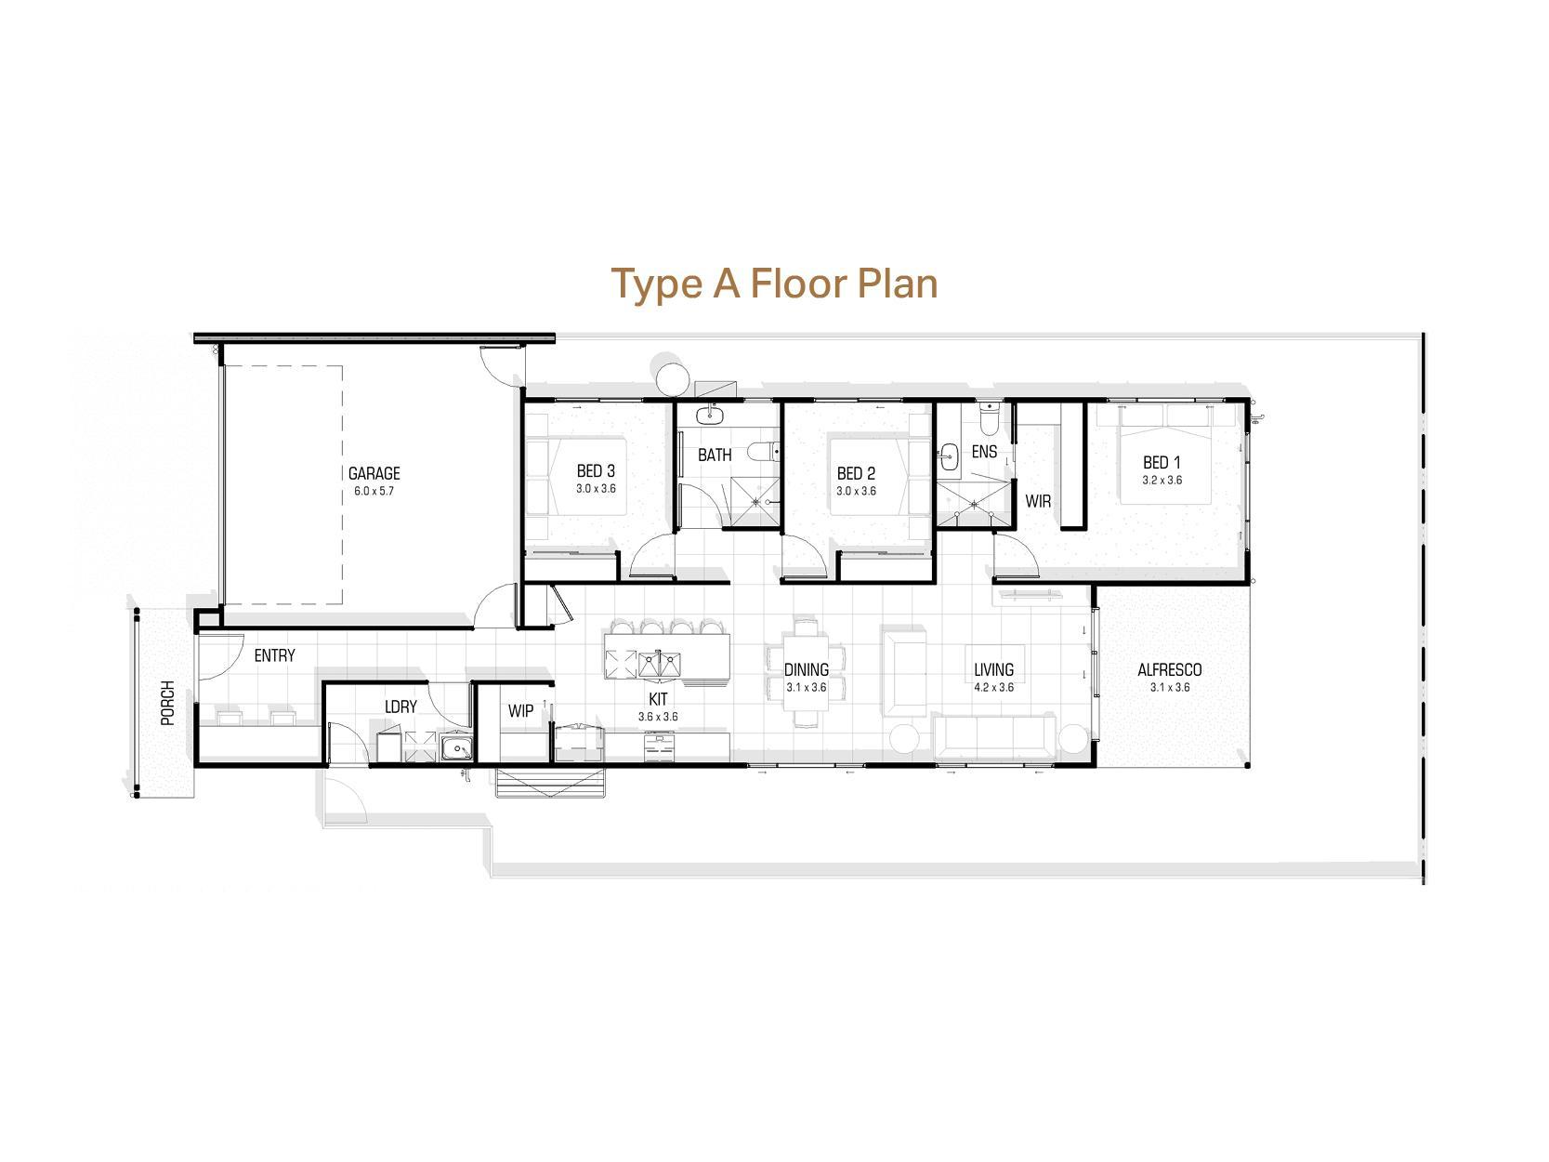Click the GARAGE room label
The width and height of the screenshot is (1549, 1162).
pyautogui.click(x=374, y=473)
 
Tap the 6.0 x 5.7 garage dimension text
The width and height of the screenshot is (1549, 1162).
pyautogui.click(x=374, y=491)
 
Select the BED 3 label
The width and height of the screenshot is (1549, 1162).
pyautogui.click(x=596, y=471)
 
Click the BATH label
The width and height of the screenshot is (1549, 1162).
pyautogui.click(x=715, y=455)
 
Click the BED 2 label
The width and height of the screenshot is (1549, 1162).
pyautogui.click(x=856, y=473)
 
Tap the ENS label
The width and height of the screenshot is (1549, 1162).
pyautogui.click(x=984, y=452)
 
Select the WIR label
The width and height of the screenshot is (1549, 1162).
pyautogui.click(x=1038, y=501)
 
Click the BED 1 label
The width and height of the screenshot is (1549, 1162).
pyautogui.click(x=1162, y=462)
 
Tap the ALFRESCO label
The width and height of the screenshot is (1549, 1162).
pyautogui.click(x=1169, y=669)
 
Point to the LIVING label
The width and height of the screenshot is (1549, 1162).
pyautogui.click(x=993, y=669)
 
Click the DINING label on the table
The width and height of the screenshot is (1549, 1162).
pyautogui.click(x=806, y=669)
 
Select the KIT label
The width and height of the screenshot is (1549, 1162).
pyautogui.click(x=658, y=699)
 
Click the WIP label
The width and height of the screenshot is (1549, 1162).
pyautogui.click(x=520, y=711)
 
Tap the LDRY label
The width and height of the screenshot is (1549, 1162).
pyautogui.click(x=400, y=706)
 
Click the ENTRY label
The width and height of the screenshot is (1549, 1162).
pyautogui.click(x=274, y=655)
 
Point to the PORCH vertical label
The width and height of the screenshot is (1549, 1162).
pyautogui.click(x=167, y=703)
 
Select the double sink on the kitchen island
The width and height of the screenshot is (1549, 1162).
pyautogui.click(x=660, y=663)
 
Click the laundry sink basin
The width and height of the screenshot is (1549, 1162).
pyautogui.click(x=456, y=748)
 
